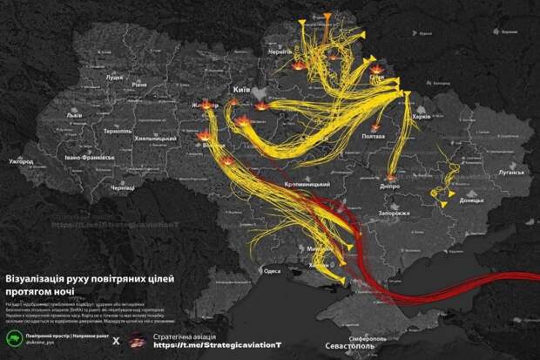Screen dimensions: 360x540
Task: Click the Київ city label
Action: coord(241,89)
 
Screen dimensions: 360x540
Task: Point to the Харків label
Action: coord(422,116)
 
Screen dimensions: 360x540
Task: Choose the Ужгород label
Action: coord(21,161)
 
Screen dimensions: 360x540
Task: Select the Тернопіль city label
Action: coord(116,131)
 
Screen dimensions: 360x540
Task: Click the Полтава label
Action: coord(372,137)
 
